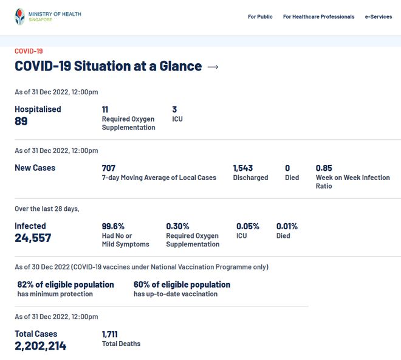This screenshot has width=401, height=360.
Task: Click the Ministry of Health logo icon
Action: coord(20,16)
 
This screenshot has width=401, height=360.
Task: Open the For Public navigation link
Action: coord(260,17)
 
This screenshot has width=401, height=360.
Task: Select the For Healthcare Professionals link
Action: coord(318,17)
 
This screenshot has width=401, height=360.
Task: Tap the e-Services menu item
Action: coord(378,17)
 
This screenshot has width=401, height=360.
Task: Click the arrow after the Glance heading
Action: coord(213,66)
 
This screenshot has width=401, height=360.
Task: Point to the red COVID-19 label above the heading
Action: coord(29,51)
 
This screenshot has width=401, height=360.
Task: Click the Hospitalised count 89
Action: coord(21,121)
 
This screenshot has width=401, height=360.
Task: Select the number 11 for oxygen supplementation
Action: coord(105,109)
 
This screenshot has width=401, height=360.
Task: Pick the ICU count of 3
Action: coord(174,109)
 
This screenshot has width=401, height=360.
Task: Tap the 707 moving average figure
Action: coord(108,168)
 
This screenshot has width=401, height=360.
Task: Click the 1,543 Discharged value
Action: coord(243,168)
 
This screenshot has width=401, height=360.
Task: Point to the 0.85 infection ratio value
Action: coord(324,168)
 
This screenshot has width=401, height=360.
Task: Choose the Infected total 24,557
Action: coord(33,238)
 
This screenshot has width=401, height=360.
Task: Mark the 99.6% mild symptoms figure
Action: coord(113,226)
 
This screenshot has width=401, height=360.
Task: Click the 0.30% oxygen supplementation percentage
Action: coord(177,226)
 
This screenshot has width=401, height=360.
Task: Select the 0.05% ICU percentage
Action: coord(248,226)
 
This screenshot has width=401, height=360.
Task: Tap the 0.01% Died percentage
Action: coord(287,226)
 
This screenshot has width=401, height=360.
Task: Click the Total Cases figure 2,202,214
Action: coord(41,345)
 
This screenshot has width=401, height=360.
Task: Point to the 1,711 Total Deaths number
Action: coord(109,334)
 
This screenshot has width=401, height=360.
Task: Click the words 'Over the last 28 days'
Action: coord(47,209)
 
